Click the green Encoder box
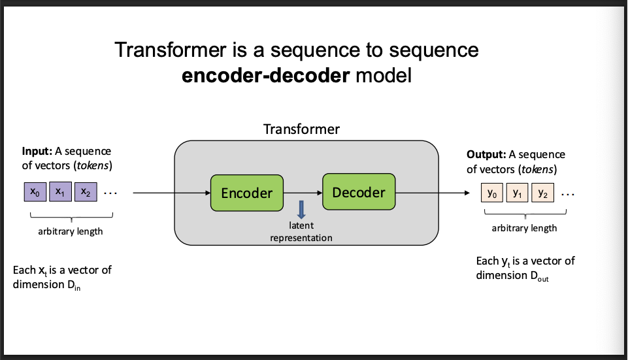(x=246, y=193)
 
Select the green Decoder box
(x=359, y=192)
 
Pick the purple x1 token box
(x=59, y=192)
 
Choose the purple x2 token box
(x=85, y=192)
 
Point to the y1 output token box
(x=517, y=193)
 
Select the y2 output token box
(x=542, y=193)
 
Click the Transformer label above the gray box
(x=301, y=129)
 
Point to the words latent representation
(x=301, y=231)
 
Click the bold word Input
(x=37, y=152)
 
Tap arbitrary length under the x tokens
(x=71, y=231)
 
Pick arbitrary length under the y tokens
(x=524, y=228)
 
